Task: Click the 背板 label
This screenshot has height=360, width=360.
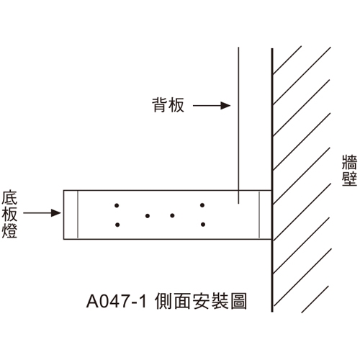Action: pos(168,105)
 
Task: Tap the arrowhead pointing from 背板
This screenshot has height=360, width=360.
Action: pos(225,105)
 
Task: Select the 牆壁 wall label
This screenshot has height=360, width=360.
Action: pos(349,171)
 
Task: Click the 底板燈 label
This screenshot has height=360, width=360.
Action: pos(9,214)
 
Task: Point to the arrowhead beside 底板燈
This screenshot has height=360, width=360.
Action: pos(56,213)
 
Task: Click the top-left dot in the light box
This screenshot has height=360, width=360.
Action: pos(117,205)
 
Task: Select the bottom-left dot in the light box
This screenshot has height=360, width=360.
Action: pos(117,225)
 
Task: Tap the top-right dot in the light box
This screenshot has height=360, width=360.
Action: pos(202,205)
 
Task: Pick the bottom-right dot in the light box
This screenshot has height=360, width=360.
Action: pos(203,225)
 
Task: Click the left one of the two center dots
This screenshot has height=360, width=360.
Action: pos(148,216)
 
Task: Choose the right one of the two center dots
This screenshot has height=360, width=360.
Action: pos(172,215)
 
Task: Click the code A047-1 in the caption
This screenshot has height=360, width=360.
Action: pos(117,301)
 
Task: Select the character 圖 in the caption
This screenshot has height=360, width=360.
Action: pos(238,301)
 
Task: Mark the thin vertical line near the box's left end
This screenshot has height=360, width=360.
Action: pos(78,215)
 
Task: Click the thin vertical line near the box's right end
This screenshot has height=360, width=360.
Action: pos(259,215)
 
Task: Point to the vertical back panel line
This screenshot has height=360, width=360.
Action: pos(238,125)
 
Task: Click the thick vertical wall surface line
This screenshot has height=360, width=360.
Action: pos(272,180)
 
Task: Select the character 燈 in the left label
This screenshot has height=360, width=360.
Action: pos(9,230)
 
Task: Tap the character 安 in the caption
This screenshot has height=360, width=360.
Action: pos(201,301)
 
